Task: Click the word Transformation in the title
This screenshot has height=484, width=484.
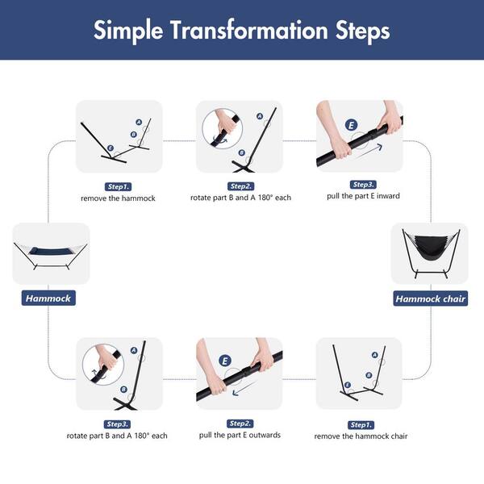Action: coord(249,31)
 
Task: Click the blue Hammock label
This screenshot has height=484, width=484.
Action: coord(48,298)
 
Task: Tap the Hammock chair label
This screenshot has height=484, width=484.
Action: coord(430,298)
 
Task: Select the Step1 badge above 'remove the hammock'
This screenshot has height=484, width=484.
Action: coord(119,187)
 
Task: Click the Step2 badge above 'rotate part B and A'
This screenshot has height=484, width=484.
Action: coord(240,186)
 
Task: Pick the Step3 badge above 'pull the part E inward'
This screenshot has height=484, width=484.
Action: coord(363,185)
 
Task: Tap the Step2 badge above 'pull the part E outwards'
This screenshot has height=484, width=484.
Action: coord(240,423)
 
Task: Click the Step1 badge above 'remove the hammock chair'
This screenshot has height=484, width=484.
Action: coord(361,425)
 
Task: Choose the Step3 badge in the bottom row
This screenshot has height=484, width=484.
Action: coord(117,424)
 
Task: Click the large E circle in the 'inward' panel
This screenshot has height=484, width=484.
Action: coord(351,125)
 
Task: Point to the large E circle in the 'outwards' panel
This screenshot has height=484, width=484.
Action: coord(225,361)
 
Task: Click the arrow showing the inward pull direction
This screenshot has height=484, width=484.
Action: coord(369,152)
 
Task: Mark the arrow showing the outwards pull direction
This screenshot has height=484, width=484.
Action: coord(244,388)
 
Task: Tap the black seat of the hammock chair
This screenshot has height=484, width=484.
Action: coord(431,248)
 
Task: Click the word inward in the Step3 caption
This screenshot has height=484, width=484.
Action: coord(388,196)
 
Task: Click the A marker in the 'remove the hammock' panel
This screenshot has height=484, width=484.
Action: coord(139,123)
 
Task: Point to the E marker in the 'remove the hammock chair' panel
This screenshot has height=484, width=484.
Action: coord(348,385)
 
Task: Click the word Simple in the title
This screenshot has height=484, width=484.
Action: coord(128,31)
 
